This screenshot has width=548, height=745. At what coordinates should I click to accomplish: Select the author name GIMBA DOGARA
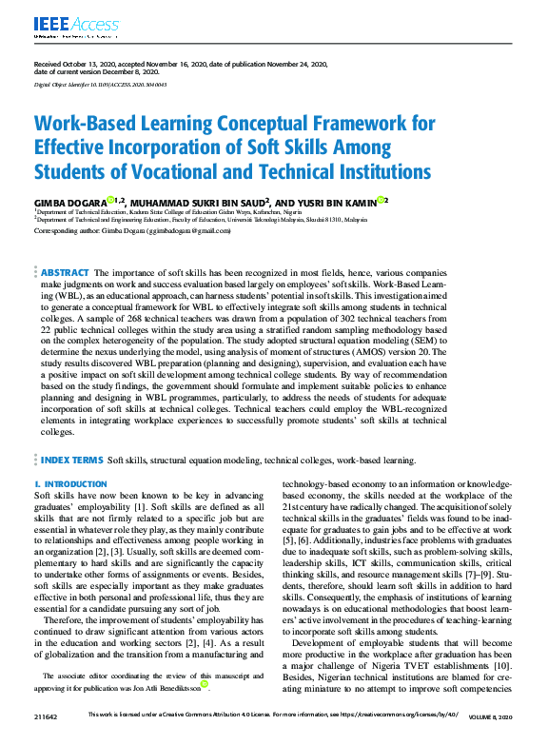point(69,201)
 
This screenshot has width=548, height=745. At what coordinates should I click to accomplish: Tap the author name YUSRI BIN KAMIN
point(326,201)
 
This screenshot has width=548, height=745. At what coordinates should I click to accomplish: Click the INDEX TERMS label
point(71,460)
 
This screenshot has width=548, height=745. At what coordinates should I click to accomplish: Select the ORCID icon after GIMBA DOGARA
point(110,200)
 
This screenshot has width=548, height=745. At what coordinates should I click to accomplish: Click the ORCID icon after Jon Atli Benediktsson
point(205,711)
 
